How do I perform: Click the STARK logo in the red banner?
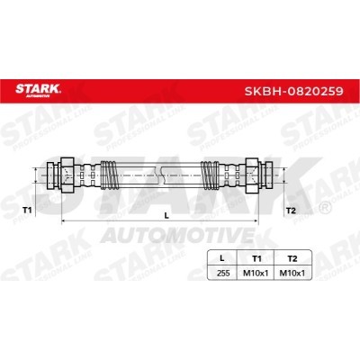point(38,90)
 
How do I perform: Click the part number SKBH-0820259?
point(293,91)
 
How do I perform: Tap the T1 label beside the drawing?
point(27,210)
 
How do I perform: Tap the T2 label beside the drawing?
point(291,211)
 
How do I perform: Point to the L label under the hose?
point(166,215)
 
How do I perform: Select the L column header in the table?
point(221,258)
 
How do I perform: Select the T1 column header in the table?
point(256,258)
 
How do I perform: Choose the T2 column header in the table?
point(292,258)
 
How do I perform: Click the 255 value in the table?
point(223,273)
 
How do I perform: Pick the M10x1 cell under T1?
point(255,273)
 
